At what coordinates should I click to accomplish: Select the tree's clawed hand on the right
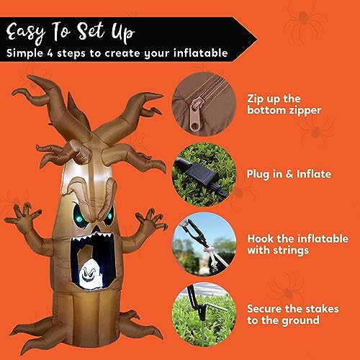coord(152,217)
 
